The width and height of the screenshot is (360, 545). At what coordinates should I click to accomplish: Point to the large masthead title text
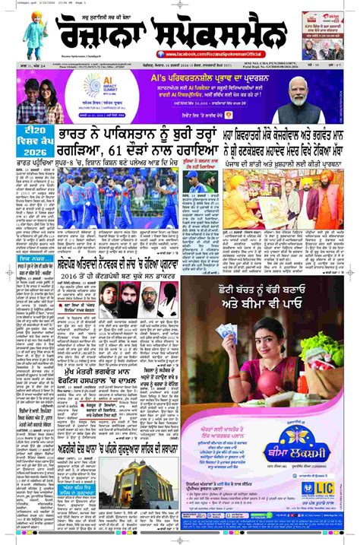point(171,32)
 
